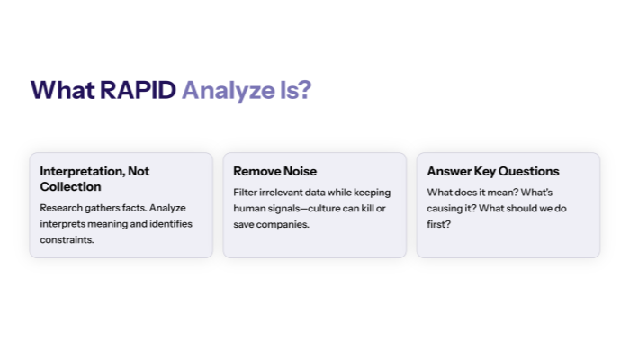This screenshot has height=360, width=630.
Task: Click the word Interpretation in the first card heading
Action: (x=80, y=171)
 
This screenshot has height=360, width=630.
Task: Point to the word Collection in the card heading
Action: (x=70, y=187)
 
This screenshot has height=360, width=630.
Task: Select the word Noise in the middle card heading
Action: (x=299, y=171)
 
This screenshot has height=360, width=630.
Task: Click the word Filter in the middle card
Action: (x=245, y=192)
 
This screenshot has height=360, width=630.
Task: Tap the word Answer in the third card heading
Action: (x=449, y=171)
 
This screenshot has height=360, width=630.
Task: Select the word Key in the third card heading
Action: (x=487, y=171)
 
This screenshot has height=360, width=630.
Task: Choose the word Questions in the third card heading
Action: (x=531, y=171)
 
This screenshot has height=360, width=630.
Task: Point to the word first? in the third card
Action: (x=439, y=224)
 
